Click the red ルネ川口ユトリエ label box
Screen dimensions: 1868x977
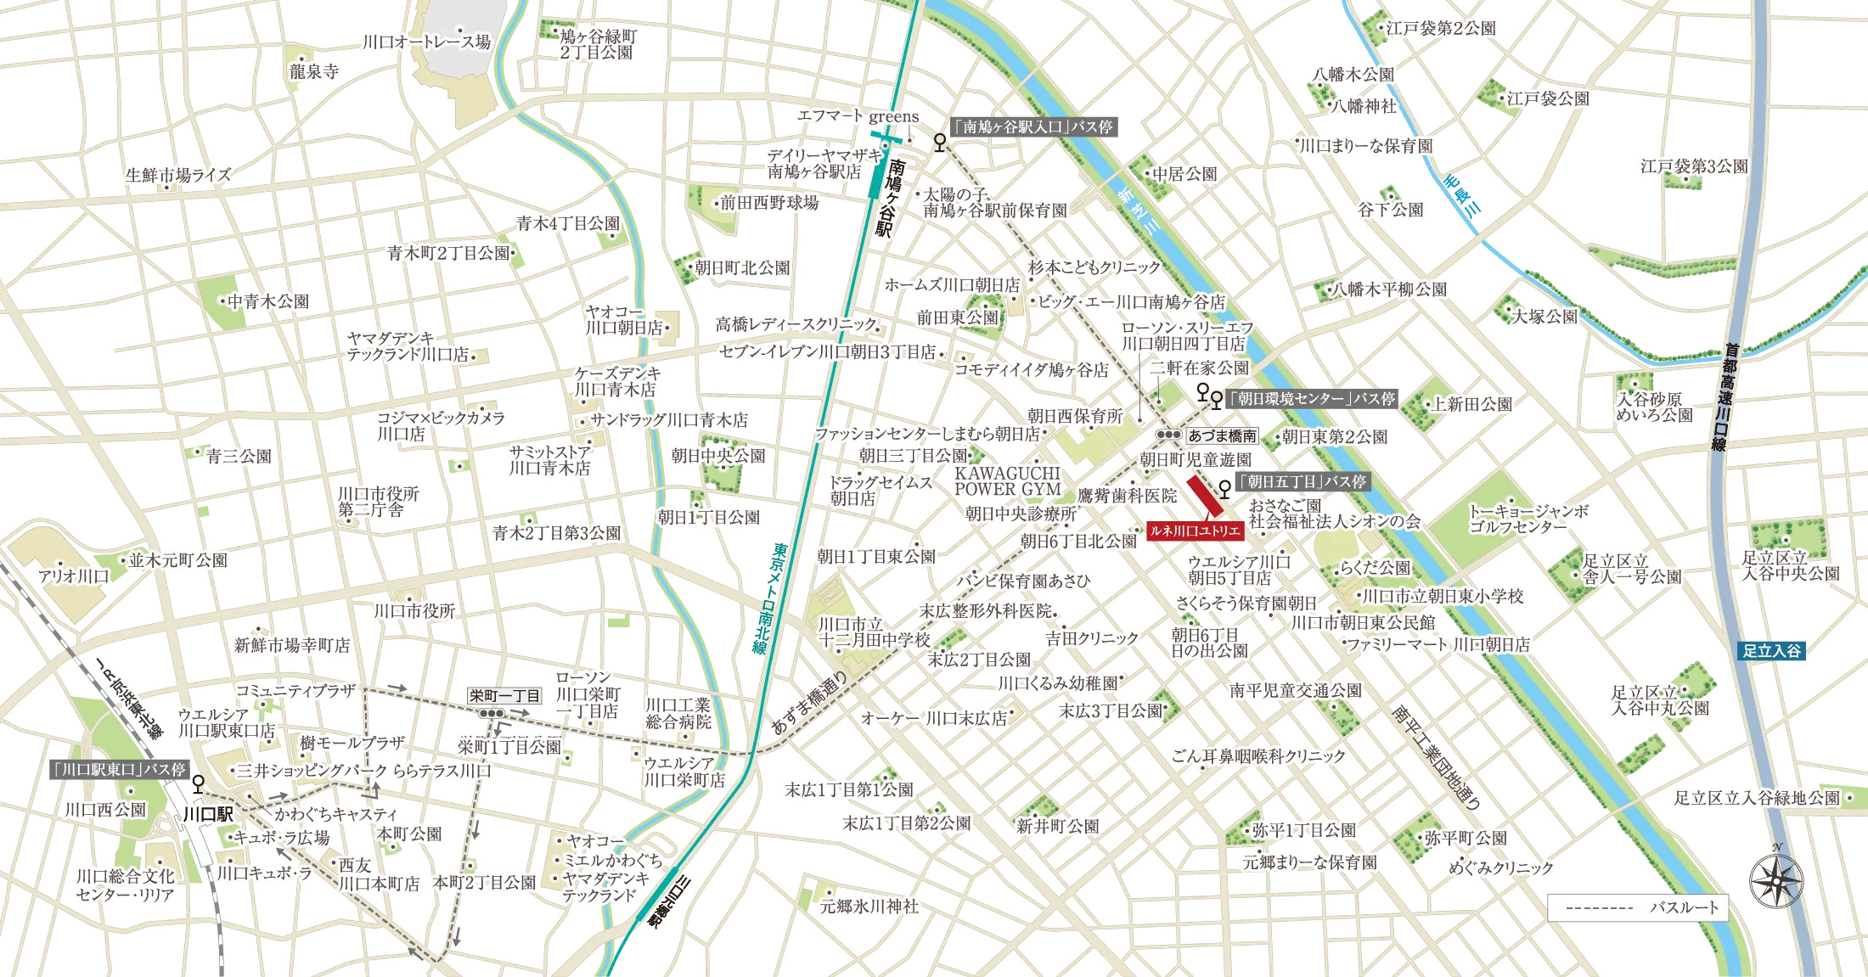[1195, 531]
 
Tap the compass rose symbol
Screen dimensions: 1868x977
[1775, 880]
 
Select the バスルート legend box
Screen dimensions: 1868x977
[1637, 907]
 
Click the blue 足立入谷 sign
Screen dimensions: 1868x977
[1771, 651]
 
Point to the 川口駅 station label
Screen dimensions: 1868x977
[208, 814]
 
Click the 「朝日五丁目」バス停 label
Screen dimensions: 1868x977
[1302, 482]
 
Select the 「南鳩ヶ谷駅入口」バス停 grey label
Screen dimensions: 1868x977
[1032, 127]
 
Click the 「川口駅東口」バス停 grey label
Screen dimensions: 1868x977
[119, 770]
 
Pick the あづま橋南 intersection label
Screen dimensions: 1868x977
[1222, 436]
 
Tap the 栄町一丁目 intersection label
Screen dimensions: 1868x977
[504, 696]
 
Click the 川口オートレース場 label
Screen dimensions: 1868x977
[426, 42]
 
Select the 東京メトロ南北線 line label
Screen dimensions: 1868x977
[769, 598]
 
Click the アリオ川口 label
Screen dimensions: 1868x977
[74, 576]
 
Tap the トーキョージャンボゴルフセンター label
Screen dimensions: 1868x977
[1528, 519]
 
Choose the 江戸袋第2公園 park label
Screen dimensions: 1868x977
[1441, 28]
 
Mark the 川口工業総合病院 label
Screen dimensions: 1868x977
[678, 713]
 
